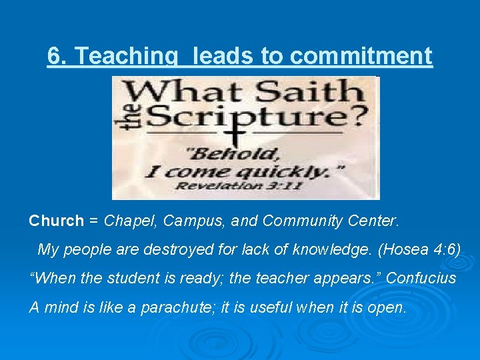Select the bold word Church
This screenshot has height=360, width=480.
click(x=57, y=221)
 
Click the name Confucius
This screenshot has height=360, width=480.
click(x=421, y=278)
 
